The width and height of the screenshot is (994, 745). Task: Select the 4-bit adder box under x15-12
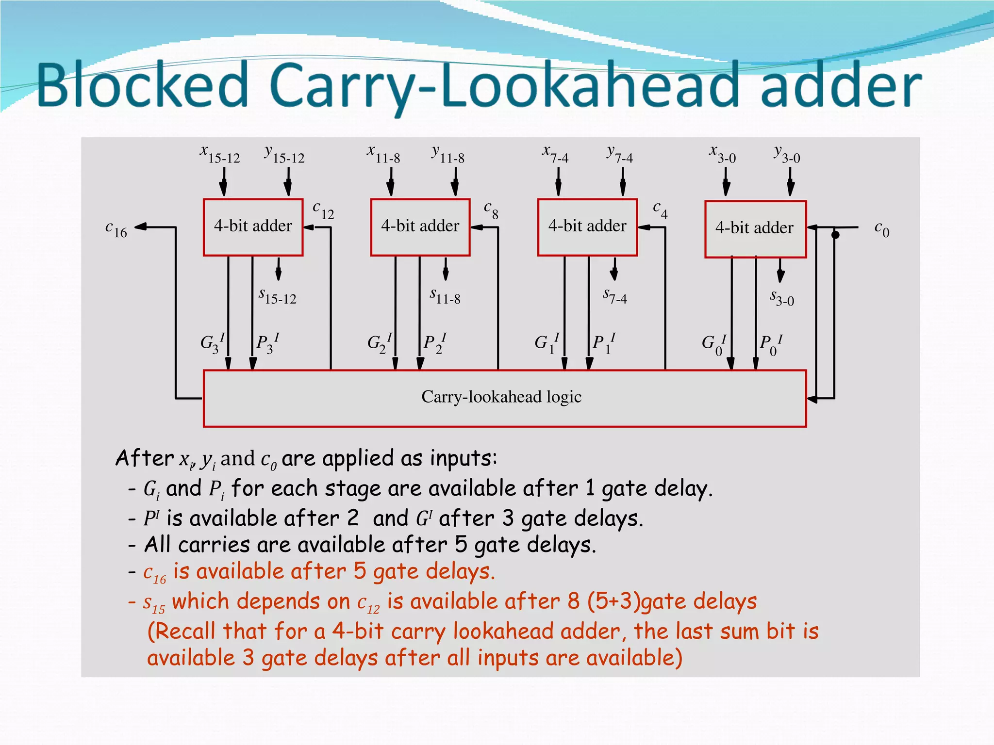tap(253, 227)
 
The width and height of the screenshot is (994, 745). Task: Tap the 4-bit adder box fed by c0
tap(755, 229)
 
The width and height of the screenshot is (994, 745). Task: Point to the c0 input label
tap(881, 229)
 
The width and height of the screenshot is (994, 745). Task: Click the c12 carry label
tap(323, 211)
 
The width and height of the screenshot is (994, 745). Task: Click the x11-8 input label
tap(383, 154)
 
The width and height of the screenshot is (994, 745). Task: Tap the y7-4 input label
tap(620, 154)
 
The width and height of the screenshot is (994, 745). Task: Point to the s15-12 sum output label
tap(277, 296)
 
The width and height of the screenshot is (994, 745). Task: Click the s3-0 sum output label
tap(782, 297)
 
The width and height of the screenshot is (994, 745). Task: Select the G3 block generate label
tap(212, 342)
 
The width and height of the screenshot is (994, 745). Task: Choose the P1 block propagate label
tap(603, 342)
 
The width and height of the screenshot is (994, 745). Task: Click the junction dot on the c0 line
tap(835, 235)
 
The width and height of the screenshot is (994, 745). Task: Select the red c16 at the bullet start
tap(155, 573)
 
